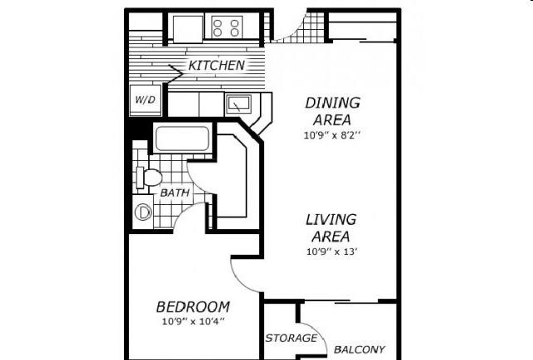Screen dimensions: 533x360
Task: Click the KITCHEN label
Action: click(217, 65)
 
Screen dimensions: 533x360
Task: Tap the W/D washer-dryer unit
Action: click(146, 100)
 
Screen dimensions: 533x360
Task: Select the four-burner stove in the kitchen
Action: click(226, 27)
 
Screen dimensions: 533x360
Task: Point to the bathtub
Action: click(182, 138)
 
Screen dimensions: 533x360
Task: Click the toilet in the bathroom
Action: click(148, 177)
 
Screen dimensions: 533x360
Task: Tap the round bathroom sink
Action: click(143, 212)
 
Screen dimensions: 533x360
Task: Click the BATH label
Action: click(175, 193)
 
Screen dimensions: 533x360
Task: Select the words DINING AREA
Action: click(332, 112)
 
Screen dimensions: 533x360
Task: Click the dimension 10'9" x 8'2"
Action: click(331, 136)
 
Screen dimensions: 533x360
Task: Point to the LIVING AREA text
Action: click(331, 228)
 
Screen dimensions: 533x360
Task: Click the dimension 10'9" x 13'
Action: click(331, 252)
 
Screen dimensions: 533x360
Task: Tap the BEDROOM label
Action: click(192, 307)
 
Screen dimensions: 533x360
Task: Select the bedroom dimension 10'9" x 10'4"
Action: click(193, 321)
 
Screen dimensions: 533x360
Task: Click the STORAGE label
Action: click(291, 337)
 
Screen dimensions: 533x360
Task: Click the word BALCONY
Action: click(359, 349)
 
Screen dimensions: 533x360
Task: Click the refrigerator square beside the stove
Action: click(188, 29)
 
